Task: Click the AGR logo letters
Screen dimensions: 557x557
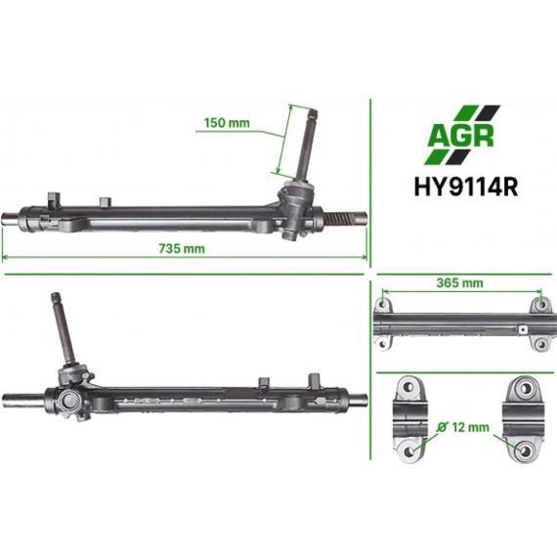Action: click(x=460, y=136)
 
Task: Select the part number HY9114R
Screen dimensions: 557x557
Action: click(x=466, y=187)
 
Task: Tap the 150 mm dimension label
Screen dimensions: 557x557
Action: click(x=227, y=123)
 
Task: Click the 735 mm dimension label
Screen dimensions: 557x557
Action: click(x=182, y=248)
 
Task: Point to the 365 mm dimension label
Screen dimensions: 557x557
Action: click(x=459, y=283)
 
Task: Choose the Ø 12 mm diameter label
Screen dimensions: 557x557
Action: click(x=463, y=427)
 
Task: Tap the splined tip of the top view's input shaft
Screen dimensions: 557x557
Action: click(x=313, y=114)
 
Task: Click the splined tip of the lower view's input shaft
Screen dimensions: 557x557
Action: click(x=57, y=298)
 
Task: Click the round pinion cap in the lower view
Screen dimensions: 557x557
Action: click(x=68, y=400)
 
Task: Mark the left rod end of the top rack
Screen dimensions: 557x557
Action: click(x=11, y=217)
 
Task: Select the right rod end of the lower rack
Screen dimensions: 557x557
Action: click(x=358, y=399)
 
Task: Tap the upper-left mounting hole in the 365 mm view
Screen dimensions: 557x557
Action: click(x=382, y=305)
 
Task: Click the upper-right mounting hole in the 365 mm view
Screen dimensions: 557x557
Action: click(x=540, y=305)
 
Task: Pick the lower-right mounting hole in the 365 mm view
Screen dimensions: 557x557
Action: click(x=540, y=344)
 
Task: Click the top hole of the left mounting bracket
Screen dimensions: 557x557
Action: click(x=408, y=387)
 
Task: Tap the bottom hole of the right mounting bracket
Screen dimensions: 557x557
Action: click(x=525, y=451)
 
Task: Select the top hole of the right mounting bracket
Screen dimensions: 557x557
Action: click(x=525, y=388)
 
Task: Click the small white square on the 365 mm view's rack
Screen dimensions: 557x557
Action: click(x=522, y=330)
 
